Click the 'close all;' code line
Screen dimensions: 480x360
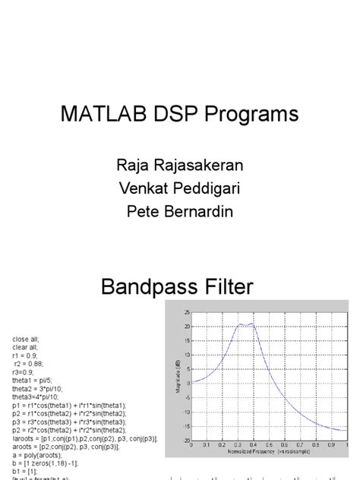click(26, 337)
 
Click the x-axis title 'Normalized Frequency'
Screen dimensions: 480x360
click(251, 450)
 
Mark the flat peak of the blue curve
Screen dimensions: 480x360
click(245, 324)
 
